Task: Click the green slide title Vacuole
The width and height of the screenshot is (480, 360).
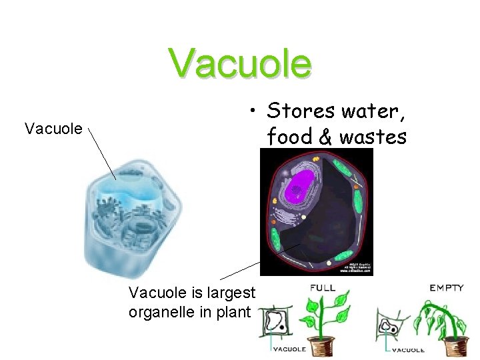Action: [240, 63]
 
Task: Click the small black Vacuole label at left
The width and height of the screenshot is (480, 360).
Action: [53, 128]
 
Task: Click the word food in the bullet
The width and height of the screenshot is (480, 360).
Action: [290, 137]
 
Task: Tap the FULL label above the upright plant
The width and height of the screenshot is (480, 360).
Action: [323, 288]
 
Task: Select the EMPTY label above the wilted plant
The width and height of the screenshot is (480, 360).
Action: [446, 288]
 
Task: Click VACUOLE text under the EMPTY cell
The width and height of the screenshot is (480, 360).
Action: [408, 349]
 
